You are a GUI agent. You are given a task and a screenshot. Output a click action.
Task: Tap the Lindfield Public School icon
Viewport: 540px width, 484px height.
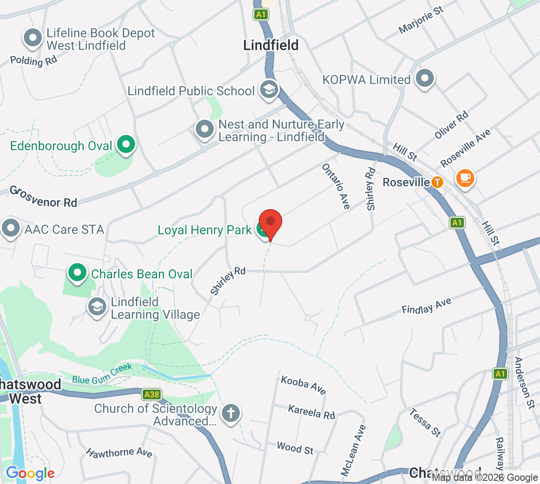coord(269,89)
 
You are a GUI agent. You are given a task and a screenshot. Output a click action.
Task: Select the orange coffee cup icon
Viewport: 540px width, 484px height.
coord(465,178)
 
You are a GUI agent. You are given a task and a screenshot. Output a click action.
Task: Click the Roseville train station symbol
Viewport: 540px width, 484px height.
coord(437,182)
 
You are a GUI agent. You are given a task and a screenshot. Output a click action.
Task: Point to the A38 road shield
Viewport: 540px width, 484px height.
coord(152,394)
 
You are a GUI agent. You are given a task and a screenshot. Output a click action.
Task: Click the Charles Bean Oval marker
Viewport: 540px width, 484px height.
coord(77,273)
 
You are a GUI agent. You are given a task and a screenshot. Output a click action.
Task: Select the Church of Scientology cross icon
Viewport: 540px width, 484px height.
coord(231,412)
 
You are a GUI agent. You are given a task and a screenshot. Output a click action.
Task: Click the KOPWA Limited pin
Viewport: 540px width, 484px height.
coord(424,79)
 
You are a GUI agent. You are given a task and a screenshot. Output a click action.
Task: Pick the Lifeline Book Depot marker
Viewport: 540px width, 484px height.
coord(32,38)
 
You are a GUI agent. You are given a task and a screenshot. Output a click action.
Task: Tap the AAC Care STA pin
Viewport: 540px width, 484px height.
coord(11,228)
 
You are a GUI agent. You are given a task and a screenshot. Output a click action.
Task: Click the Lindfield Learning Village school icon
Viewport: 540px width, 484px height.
coord(97,307)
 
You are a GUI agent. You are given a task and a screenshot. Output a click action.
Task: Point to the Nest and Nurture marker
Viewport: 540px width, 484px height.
coord(205,129)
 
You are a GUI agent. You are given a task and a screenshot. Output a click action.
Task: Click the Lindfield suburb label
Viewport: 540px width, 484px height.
coord(271,45)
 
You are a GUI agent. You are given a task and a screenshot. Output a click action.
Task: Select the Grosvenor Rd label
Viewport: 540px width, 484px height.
coord(44,197)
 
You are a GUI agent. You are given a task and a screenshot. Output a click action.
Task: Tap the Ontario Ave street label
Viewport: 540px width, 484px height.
coord(336,186)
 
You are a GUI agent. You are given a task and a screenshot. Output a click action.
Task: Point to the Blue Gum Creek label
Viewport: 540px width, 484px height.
coord(102,374)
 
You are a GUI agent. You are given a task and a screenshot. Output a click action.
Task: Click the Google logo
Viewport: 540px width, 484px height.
coord(30,473)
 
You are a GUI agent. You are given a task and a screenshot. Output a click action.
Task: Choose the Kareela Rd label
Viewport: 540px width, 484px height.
coord(311,412)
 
